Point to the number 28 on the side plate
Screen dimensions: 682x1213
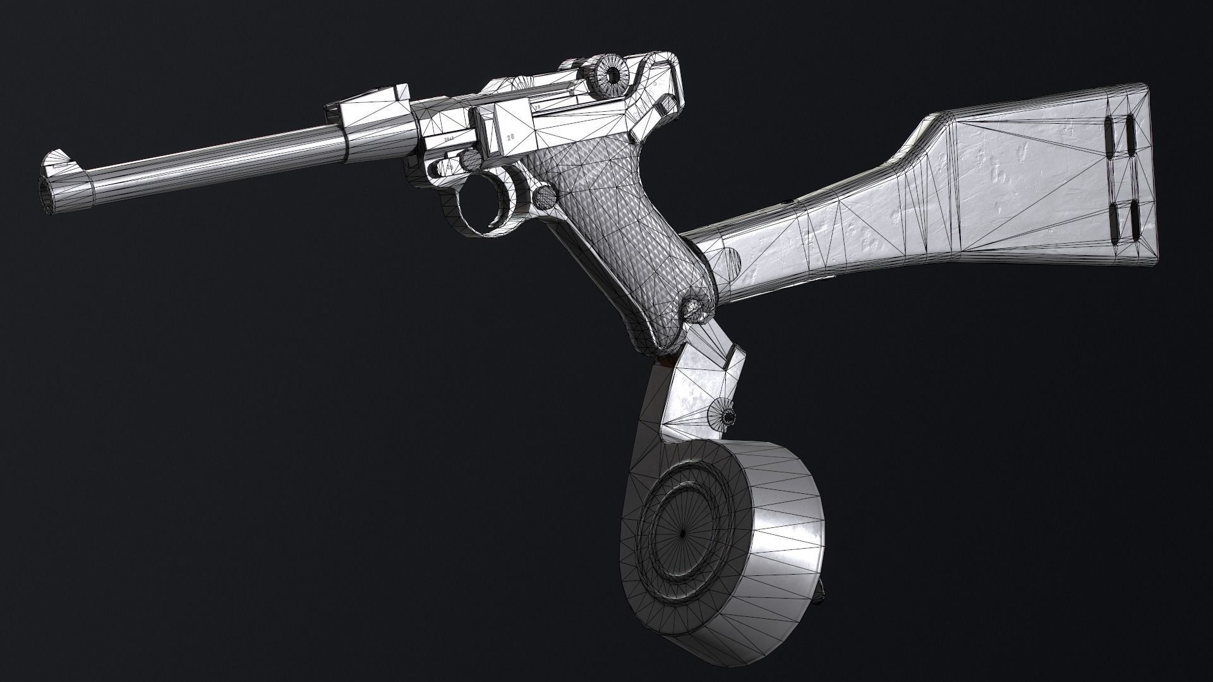pos(510,136)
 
